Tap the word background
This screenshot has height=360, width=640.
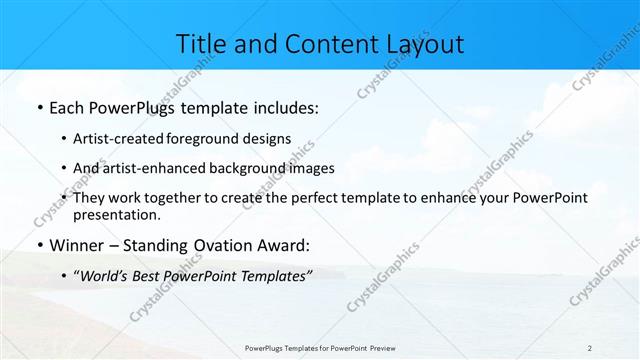(245, 168)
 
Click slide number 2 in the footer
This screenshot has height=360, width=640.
(590, 348)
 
